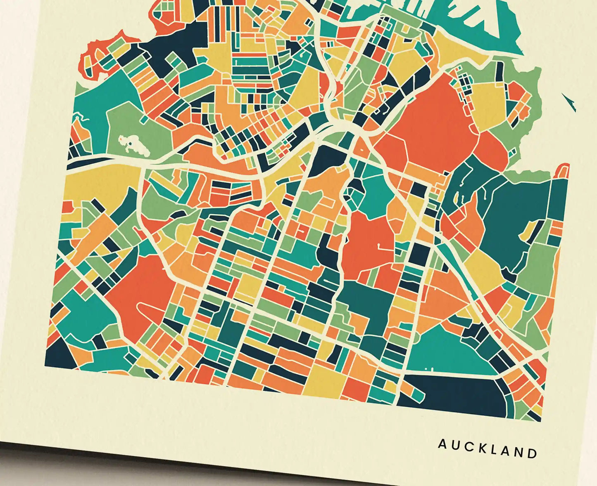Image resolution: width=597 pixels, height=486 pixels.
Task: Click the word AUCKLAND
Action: pos(488,448)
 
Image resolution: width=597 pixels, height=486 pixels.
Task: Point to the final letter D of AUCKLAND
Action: pos(533,453)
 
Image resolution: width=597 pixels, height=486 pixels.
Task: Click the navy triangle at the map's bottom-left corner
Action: pos(58,355)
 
